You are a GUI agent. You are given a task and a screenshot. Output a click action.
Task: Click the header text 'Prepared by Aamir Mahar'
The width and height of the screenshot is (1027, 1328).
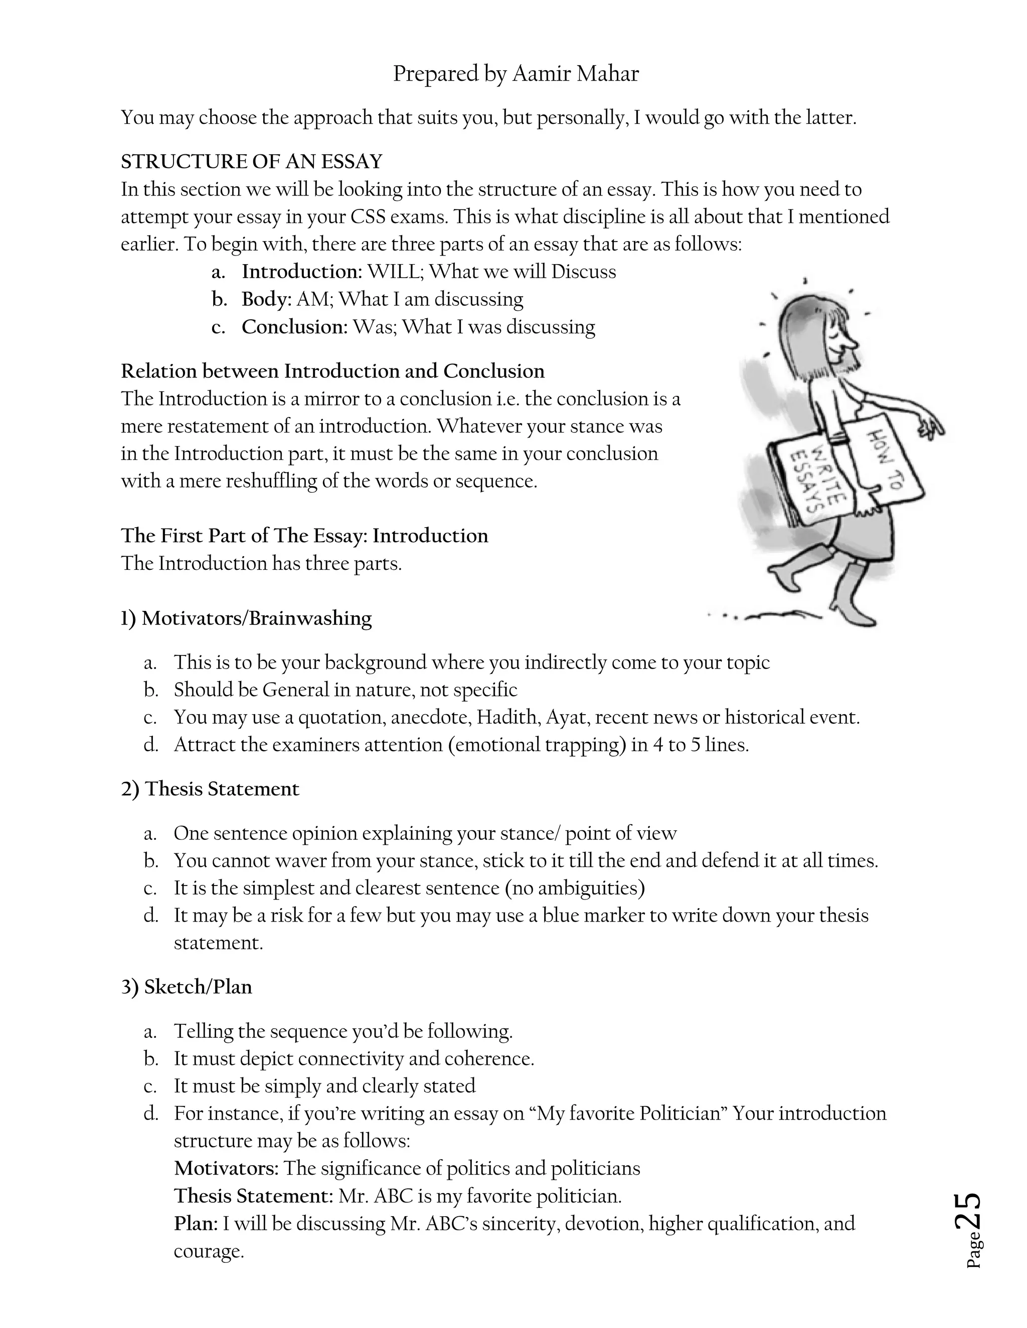point(516,74)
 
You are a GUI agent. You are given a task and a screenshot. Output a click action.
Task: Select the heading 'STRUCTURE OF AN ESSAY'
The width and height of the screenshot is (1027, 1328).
point(251,162)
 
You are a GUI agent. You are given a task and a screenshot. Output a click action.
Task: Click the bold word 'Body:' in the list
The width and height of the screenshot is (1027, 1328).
point(266,299)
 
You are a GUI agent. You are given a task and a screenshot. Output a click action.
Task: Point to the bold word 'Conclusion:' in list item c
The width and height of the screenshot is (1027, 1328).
point(294,327)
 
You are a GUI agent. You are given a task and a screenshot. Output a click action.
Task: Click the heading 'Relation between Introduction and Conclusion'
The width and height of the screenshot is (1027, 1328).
point(332,371)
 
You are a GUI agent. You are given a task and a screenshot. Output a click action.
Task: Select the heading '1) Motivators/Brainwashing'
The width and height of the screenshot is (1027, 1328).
point(246,618)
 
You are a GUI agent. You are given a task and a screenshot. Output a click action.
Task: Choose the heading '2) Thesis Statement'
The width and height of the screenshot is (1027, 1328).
point(210,789)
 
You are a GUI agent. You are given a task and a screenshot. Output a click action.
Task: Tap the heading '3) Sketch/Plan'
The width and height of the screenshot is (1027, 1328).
point(186,987)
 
